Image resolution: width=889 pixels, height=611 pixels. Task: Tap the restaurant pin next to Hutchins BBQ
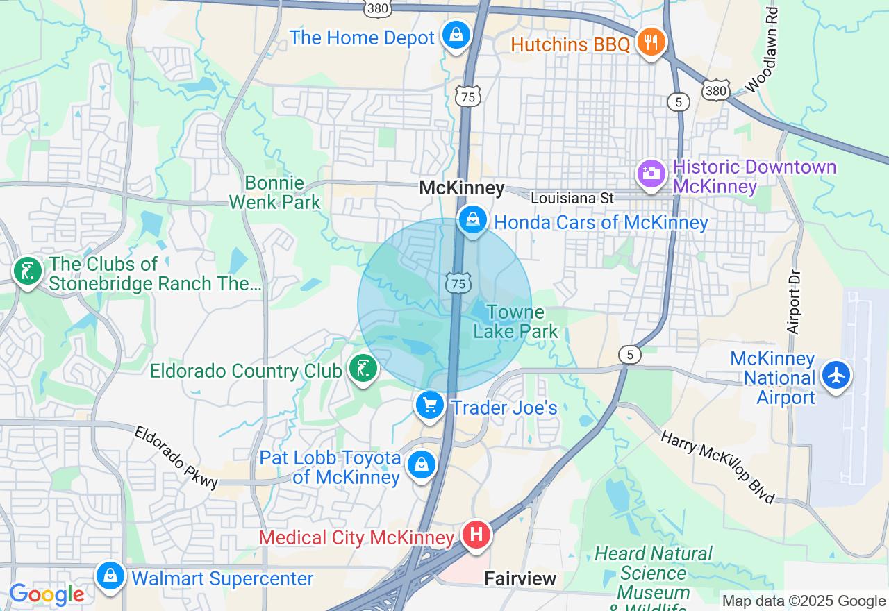(651, 42)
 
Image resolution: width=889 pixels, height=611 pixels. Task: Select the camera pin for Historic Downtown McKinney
(651, 172)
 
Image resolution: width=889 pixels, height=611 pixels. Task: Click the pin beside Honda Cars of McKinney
(472, 220)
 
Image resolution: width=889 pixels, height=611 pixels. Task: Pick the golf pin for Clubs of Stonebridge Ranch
(28, 271)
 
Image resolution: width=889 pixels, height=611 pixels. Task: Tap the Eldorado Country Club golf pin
(362, 369)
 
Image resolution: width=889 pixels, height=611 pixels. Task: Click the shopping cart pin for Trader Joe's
(429, 405)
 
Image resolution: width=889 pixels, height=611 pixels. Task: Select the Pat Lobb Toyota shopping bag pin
(421, 464)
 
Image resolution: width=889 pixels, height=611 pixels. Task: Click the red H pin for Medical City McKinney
(476, 535)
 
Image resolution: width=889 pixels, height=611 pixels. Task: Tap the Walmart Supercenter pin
(110, 576)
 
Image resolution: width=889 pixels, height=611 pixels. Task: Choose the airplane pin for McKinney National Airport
(836, 374)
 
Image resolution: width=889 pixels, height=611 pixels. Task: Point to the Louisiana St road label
(572, 199)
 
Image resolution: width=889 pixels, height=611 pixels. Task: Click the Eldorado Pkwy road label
(176, 458)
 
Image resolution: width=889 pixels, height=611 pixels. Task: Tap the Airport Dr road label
(795, 302)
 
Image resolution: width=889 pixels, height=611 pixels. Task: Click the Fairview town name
(520, 578)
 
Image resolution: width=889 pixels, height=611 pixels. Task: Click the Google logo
(47, 594)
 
